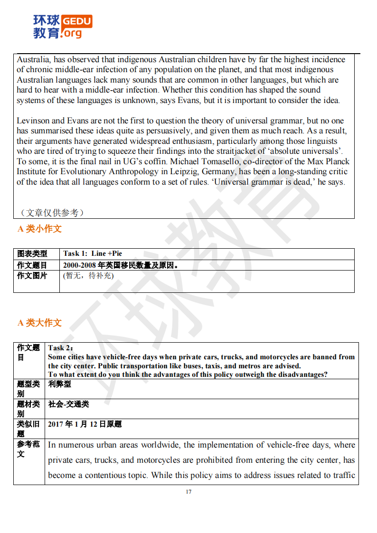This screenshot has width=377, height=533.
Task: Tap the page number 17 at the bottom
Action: coord(188,492)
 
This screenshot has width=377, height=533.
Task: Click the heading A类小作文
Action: coord(39,229)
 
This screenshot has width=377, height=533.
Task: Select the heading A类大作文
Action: coord(39,323)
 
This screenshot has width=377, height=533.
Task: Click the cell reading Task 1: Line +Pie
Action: coord(93,253)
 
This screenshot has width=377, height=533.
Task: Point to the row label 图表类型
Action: coord(32,253)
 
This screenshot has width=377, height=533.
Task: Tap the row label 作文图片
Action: coord(32,275)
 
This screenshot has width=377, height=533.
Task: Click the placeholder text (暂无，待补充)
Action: coord(88,275)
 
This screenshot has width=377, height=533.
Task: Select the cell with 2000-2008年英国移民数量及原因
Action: coord(121,265)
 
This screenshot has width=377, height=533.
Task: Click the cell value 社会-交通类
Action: coord(68,404)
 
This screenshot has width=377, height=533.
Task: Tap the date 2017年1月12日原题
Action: coord(85,424)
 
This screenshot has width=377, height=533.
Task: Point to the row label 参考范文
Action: coord(29,449)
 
